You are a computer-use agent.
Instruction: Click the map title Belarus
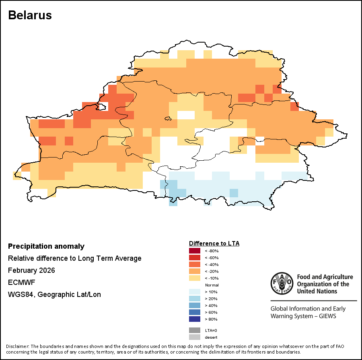(x=30, y=15)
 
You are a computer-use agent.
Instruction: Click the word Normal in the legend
(x=212, y=285)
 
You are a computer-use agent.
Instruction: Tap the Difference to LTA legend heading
(x=214, y=243)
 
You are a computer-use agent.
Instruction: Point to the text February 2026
(x=31, y=270)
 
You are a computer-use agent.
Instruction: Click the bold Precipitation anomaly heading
(x=46, y=246)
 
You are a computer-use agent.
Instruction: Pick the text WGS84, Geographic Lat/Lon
(x=54, y=295)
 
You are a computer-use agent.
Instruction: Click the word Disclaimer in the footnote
(x=17, y=346)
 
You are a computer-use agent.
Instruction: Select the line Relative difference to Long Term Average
(x=75, y=258)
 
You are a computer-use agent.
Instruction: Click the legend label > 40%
(x=211, y=305)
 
